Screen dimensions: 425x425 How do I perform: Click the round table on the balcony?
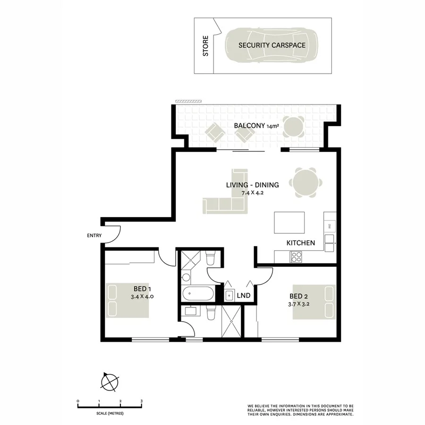pos(294,126)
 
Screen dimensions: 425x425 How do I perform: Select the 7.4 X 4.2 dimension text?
pos(252,193)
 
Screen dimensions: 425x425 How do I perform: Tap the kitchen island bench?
pos(289,222)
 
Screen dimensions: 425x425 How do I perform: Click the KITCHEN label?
pos(300,243)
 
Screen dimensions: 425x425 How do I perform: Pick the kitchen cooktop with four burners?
pos(296,257)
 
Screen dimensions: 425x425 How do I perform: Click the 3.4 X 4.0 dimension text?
pos(142,297)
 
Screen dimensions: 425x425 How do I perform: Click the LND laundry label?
pos(243,296)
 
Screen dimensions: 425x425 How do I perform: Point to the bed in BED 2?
pos(314,302)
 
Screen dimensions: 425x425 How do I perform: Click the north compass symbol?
pos(110,381)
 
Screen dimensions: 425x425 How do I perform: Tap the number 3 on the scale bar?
pos(142,401)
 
